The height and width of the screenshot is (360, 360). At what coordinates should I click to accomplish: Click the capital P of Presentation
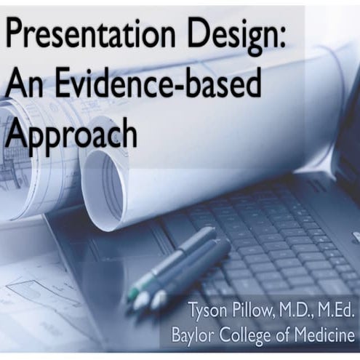pos(15,35)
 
